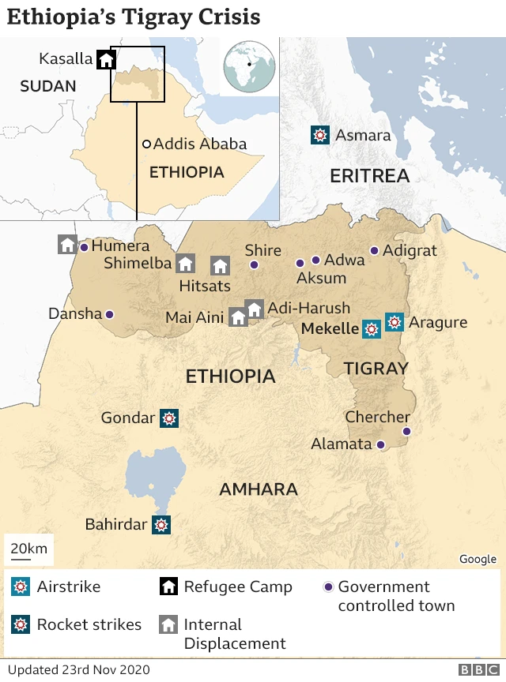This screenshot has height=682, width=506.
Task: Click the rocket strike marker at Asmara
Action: (x=319, y=135)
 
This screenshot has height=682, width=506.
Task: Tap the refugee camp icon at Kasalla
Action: (x=106, y=59)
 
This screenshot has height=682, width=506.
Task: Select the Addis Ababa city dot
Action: (x=146, y=144)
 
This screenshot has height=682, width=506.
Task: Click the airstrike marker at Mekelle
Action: (x=371, y=328)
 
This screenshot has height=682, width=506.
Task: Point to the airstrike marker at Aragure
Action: (x=395, y=322)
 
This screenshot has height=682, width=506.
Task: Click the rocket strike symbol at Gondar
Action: (x=168, y=418)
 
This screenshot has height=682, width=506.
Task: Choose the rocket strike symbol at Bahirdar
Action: (x=161, y=524)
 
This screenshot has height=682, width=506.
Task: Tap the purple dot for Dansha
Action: (x=109, y=314)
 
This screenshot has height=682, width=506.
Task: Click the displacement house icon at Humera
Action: (x=67, y=245)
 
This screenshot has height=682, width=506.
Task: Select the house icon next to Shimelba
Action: (x=185, y=264)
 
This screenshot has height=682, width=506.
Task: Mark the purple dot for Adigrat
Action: (x=374, y=251)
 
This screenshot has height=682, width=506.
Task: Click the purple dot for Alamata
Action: (x=380, y=444)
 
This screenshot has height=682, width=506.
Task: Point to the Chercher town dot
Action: (x=406, y=431)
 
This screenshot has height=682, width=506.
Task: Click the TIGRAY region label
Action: (x=376, y=368)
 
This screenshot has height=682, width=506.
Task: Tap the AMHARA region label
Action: (x=258, y=489)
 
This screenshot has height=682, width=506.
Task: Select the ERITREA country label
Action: (x=369, y=175)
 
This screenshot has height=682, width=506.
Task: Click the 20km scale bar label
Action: (x=28, y=548)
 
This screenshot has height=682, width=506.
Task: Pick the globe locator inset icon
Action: (x=249, y=67)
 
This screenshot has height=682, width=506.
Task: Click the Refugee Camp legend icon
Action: (x=168, y=586)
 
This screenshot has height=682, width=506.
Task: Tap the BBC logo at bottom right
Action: (x=474, y=670)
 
